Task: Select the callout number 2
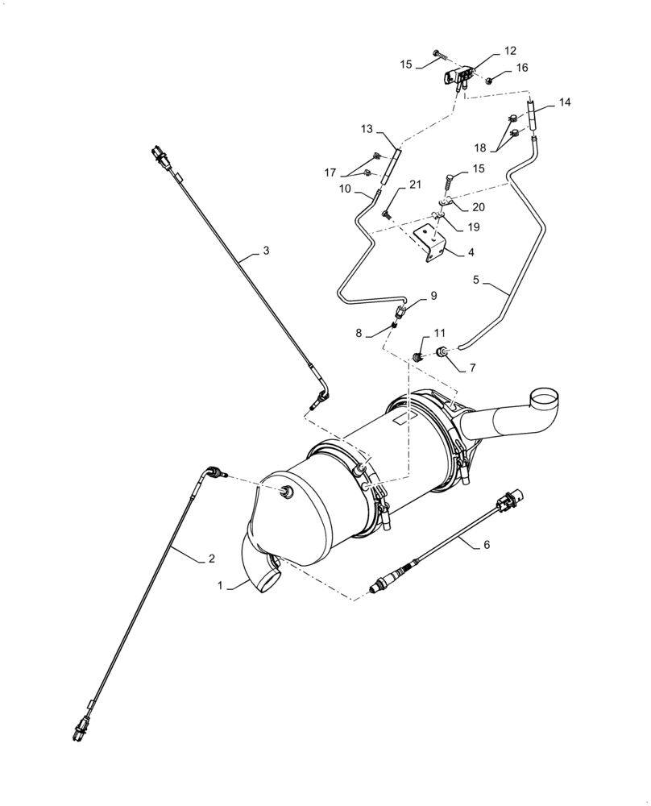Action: tap(211, 558)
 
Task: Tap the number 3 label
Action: tap(265, 251)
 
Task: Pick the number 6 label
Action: tap(486, 544)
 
